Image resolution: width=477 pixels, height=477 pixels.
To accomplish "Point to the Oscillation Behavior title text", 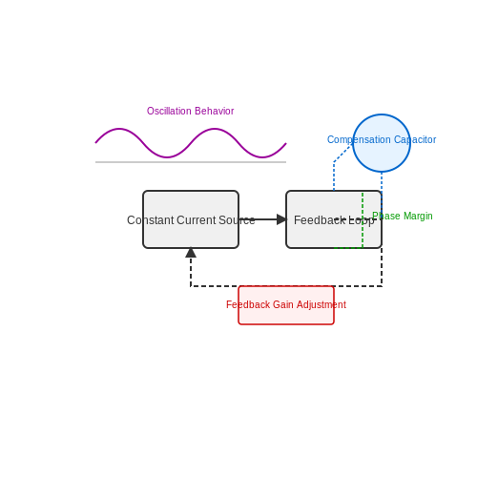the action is [x=190, y=111].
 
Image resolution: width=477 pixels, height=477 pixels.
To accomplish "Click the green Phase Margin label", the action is [x=403, y=216].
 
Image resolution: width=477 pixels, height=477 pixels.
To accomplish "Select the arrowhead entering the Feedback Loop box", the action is [x=281, y=219].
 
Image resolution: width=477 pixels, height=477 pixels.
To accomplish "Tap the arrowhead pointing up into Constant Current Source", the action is [x=191, y=253].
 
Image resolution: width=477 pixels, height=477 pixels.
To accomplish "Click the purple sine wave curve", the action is [x=191, y=143].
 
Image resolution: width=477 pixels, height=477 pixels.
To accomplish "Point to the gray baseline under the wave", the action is [x=191, y=162].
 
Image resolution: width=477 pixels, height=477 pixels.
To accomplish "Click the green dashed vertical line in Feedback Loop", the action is [x=363, y=219].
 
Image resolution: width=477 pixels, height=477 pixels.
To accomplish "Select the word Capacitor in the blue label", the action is [x=415, y=139].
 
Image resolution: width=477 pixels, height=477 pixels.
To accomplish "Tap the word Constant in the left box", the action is [x=151, y=220].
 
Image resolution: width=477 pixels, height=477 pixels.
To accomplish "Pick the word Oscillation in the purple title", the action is [x=169, y=111].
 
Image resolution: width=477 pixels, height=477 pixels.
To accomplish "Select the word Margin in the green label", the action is [x=418, y=216].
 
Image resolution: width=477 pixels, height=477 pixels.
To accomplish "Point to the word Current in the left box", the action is [x=197, y=220].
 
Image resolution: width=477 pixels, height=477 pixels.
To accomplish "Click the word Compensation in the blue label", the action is [x=359, y=139].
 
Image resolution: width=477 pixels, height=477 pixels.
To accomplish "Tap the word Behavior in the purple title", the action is [x=215, y=111].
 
